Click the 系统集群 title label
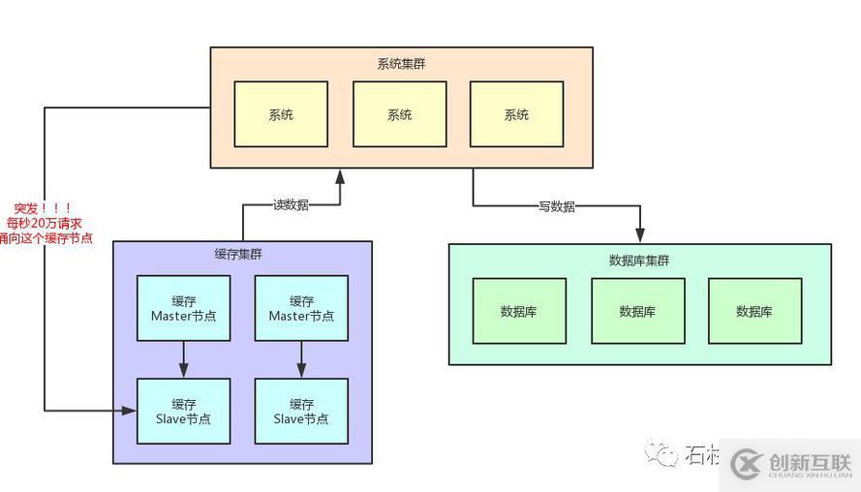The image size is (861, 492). coord(400,64)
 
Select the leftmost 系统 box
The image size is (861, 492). coord(281,114)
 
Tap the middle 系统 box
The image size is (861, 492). coord(399,114)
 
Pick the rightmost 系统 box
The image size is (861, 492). coord(516,114)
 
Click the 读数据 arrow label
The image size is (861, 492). coord(291,205)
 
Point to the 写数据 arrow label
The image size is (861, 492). coord(557,206)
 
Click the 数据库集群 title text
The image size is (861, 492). coord(639,261)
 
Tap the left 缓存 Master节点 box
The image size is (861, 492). coord(183,308)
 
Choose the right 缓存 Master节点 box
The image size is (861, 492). coord(301,308)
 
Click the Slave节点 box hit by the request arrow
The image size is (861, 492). coord(183,412)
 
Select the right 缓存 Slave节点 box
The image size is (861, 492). coord(301,412)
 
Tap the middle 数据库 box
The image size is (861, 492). coord(637,311)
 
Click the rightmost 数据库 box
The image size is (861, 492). coord(754,311)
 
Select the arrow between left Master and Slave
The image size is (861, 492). coord(183,359)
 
